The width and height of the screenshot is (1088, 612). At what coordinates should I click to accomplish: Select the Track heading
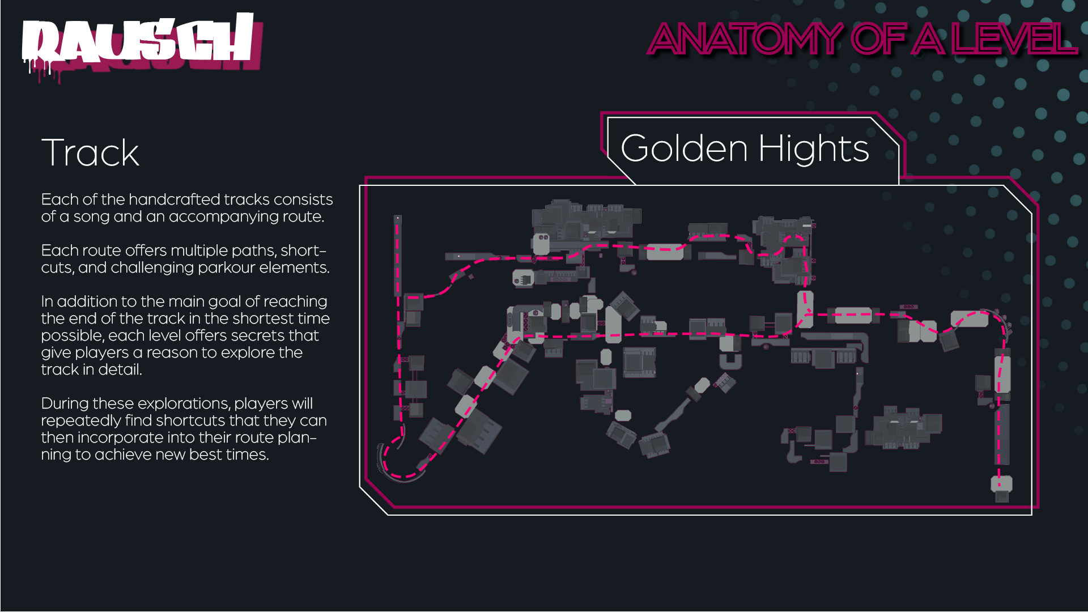click(90, 152)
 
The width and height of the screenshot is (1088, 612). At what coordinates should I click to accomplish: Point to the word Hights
click(814, 148)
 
